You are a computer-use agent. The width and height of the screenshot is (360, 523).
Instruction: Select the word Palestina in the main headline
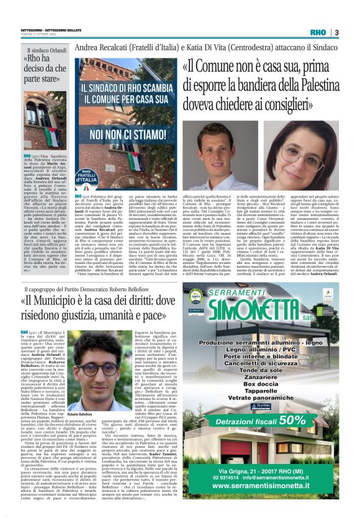[308, 84]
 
